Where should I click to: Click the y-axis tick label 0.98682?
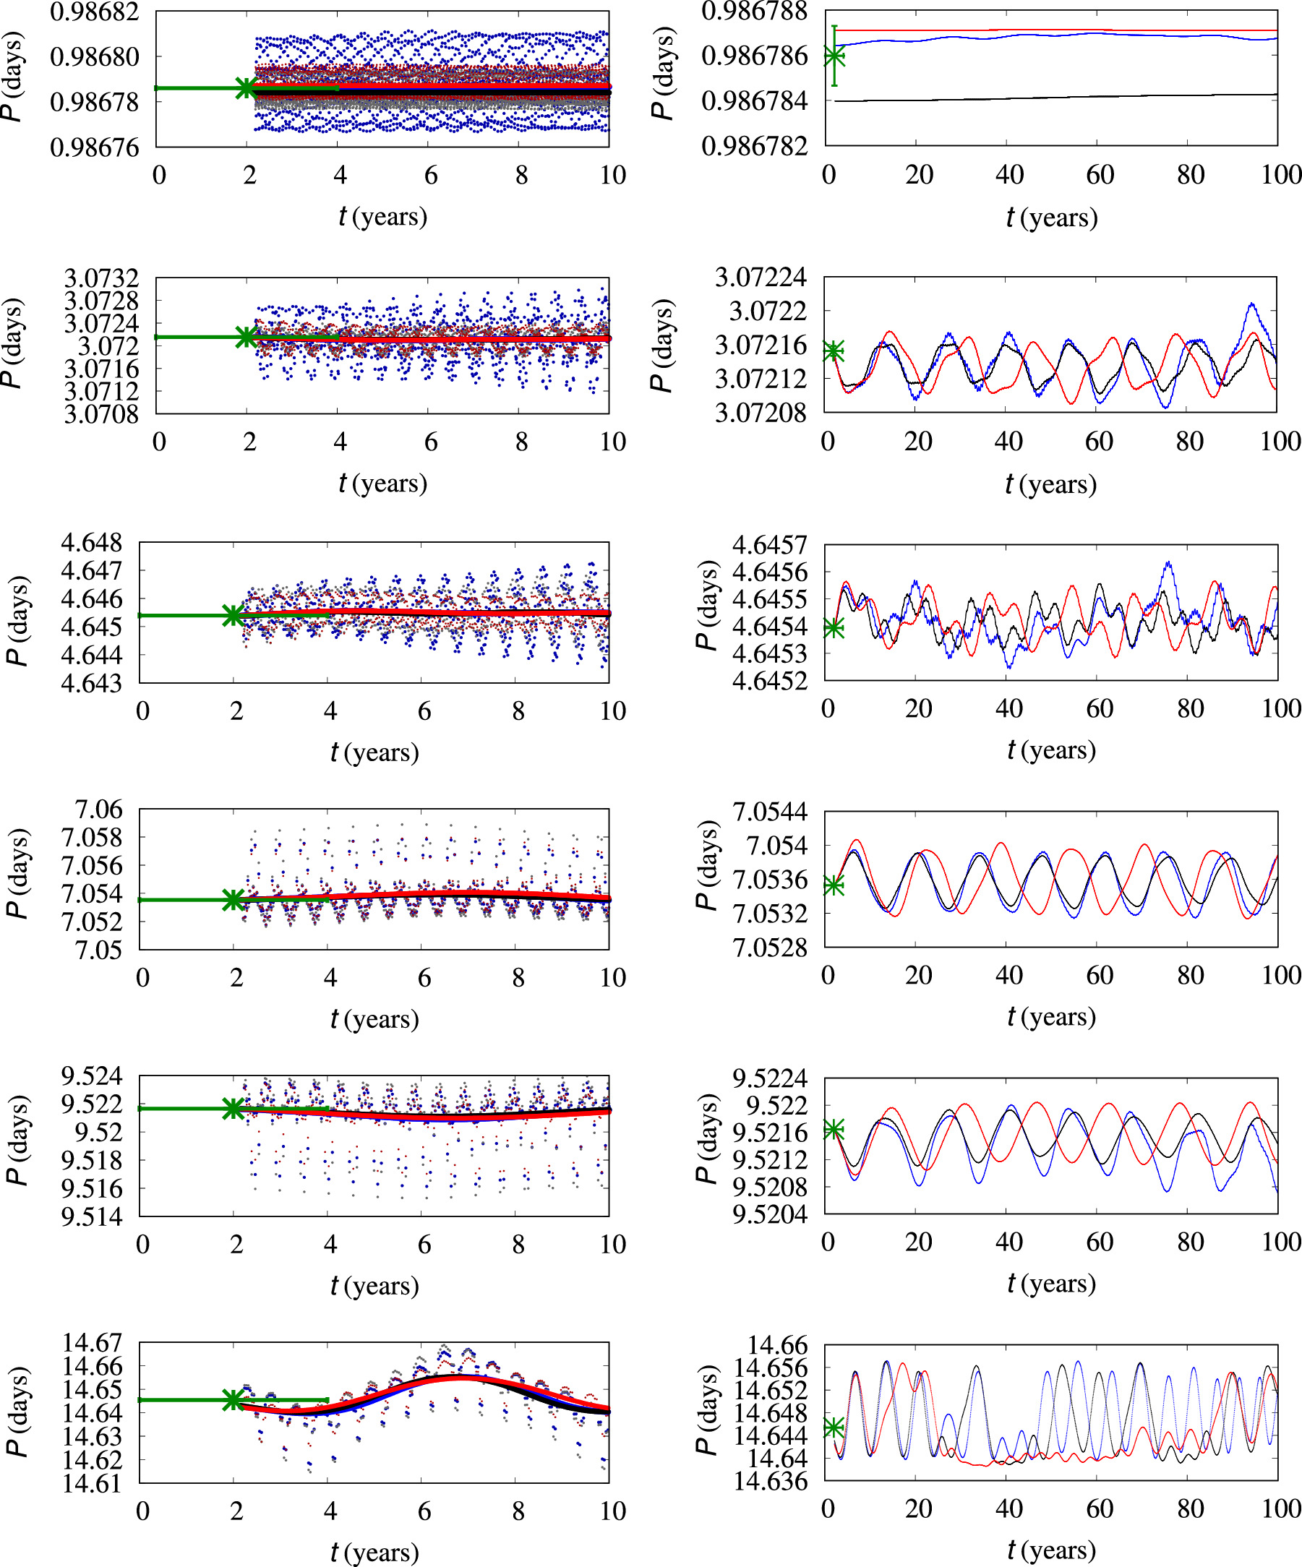coord(94,12)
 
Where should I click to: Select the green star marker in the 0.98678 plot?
coord(247,88)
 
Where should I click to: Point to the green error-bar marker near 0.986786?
coord(834,56)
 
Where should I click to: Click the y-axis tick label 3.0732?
coord(101,278)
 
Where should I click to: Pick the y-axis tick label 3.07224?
coord(761,278)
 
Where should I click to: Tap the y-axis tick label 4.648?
coord(91,543)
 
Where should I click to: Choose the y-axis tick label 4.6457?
coord(769,546)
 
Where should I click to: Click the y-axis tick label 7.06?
coord(98,810)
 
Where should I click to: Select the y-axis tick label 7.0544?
coord(769,812)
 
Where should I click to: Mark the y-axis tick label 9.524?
coord(91,1077)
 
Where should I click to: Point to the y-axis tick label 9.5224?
coord(769,1079)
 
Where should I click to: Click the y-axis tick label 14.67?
coord(91,1343)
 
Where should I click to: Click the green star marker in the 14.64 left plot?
coord(234,1400)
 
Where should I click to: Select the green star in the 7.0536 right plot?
coord(834,885)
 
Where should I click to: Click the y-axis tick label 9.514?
coord(91,1218)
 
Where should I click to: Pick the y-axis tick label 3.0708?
coord(101,413)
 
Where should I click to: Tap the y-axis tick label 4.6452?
coord(769,681)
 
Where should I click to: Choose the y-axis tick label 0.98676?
coord(94,147)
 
